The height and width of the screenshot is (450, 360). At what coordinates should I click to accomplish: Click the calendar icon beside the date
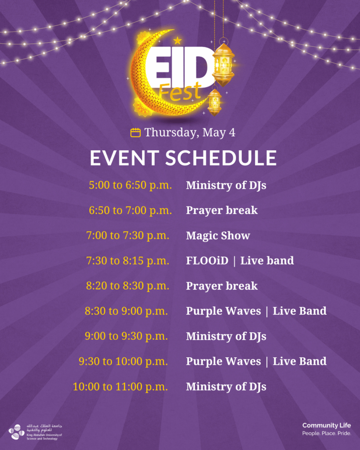point(135,133)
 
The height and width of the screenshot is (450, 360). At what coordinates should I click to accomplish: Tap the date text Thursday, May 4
point(190,132)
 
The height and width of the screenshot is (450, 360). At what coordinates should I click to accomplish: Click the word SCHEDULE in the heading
point(221,158)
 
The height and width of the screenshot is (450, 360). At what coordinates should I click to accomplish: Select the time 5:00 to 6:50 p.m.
point(130,185)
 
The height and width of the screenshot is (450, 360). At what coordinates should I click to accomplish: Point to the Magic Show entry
point(218,236)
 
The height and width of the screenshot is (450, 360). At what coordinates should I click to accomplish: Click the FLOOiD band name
point(207,261)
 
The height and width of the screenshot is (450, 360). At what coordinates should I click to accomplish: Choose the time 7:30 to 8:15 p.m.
point(127,261)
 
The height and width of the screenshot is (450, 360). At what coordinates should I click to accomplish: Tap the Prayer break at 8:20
point(222,286)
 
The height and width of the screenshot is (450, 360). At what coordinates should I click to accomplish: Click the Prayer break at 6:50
point(222,210)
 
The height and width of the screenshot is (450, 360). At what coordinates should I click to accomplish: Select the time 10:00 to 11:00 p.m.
point(120,387)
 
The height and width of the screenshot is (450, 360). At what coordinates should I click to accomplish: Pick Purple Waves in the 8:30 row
point(223,311)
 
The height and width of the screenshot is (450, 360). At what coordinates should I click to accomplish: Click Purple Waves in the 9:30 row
point(223,361)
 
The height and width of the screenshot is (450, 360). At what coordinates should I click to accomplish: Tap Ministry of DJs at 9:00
point(226,336)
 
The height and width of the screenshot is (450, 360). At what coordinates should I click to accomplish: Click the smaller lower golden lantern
point(215,101)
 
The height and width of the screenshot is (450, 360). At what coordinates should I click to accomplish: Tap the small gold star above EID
point(178,40)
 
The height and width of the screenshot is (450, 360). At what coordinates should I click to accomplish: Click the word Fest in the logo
point(180,92)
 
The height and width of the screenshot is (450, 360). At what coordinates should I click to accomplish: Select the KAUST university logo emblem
point(16,432)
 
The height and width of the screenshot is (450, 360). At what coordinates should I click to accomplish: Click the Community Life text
point(327,425)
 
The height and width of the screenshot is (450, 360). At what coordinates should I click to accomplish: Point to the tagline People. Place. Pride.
point(327,433)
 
